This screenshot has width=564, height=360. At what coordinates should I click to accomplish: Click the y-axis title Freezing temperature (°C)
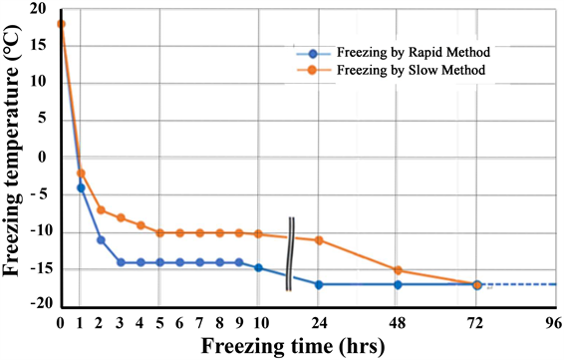click(16, 160)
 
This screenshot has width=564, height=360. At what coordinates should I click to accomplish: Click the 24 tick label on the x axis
click(319, 322)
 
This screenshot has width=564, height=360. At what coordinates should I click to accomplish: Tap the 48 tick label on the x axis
click(398, 322)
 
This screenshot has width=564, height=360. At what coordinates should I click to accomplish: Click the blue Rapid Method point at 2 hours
click(101, 239)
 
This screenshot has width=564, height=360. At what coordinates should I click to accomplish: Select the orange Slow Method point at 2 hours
click(101, 209)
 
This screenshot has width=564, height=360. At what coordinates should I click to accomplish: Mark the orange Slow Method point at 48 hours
click(398, 270)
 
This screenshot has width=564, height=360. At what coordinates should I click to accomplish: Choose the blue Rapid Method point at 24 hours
click(319, 284)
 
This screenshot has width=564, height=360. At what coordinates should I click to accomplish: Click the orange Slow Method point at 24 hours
click(319, 239)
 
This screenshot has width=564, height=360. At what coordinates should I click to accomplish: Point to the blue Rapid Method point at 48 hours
click(398, 284)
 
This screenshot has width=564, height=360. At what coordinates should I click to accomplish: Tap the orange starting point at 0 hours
click(61, 24)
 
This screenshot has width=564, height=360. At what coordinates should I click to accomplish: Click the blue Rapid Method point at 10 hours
click(259, 267)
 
